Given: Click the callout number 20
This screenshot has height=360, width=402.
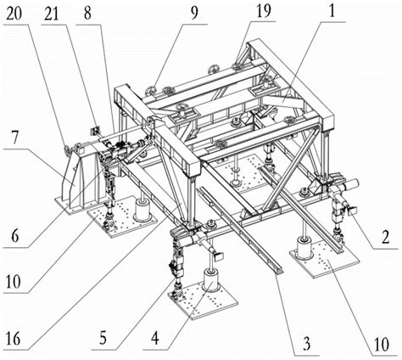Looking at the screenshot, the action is tap(14, 14).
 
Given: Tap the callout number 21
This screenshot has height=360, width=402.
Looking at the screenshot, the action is tap(51, 14).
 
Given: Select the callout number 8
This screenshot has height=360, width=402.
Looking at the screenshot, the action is tap(87, 13).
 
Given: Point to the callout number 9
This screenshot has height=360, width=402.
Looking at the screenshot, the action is tap(194, 13).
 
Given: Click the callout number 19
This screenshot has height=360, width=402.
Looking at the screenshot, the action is tap(263, 11).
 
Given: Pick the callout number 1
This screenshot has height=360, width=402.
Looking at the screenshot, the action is tap(332, 11).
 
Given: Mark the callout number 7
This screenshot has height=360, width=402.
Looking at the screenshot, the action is tap(14, 138).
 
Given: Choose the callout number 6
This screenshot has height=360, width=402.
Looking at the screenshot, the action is tap(14, 235).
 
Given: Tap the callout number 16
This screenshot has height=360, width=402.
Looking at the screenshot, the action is tap(14, 339).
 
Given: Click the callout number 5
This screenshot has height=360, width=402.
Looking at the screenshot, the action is tap(103, 338).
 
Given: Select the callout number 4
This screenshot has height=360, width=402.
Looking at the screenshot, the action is tap(154, 338).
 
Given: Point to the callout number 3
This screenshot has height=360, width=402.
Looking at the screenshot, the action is tap(306, 344).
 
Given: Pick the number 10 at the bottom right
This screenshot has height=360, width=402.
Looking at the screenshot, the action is tap(382, 344).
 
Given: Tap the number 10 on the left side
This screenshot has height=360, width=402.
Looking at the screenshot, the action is tap(14, 281).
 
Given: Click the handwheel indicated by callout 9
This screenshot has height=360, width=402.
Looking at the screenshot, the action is tap(150, 91).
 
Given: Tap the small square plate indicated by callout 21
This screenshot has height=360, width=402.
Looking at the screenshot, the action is tap(95, 132).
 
